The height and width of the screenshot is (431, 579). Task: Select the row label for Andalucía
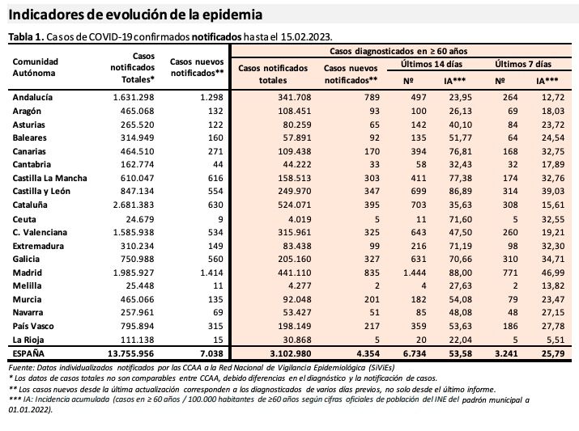[33, 96]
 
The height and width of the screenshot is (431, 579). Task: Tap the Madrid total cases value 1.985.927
[130, 273]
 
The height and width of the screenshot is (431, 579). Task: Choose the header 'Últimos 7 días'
[522, 63]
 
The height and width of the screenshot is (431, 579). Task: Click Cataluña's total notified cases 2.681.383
[130, 205]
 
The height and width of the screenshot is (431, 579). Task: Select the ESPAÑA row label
[31, 354]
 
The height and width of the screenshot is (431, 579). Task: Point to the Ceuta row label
[25, 218]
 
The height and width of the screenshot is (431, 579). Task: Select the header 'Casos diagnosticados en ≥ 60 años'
[398, 50]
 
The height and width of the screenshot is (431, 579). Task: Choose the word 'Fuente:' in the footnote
[21, 368]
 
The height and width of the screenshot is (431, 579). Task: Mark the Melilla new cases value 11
[216, 286]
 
